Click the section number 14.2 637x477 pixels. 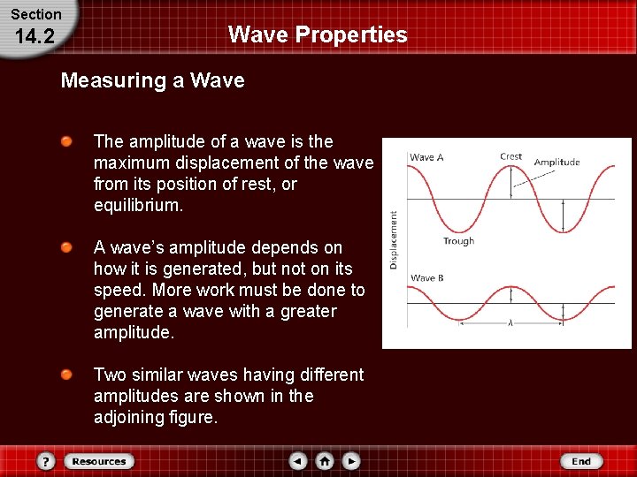point(35,36)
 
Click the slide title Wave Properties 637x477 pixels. point(318,34)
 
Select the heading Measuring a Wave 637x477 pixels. point(152,81)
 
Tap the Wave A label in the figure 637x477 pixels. point(426,157)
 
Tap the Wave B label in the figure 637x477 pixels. point(426,278)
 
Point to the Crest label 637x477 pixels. point(510,156)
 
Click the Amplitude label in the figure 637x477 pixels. point(556,162)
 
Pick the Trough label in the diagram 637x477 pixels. point(458,241)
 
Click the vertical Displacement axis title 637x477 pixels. point(394,238)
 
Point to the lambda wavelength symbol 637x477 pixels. point(510,323)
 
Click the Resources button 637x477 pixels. point(98,461)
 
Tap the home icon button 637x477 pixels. point(325,461)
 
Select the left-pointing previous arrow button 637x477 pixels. point(298,461)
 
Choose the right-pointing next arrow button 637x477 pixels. point(351,461)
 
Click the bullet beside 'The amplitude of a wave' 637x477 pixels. point(66,141)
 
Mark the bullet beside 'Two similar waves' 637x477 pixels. point(66,375)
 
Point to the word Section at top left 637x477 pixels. point(35,14)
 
